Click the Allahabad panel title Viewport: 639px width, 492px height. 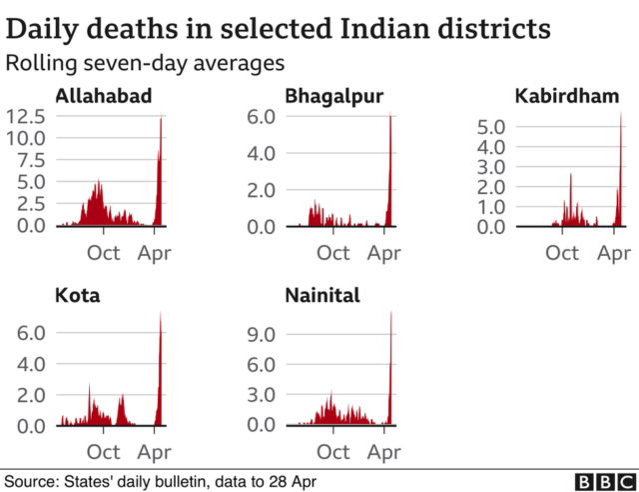[x=104, y=97]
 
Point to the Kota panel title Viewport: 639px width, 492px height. [x=78, y=296]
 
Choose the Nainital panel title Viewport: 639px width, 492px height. [x=322, y=296]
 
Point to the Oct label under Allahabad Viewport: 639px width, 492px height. [x=105, y=252]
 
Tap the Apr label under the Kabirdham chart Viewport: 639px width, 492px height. [x=614, y=252]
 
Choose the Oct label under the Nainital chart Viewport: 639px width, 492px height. [x=333, y=452]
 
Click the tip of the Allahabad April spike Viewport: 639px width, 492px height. [x=162, y=117]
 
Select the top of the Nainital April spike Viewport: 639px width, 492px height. [x=390, y=311]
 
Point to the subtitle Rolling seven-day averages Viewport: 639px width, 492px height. [x=145, y=63]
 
